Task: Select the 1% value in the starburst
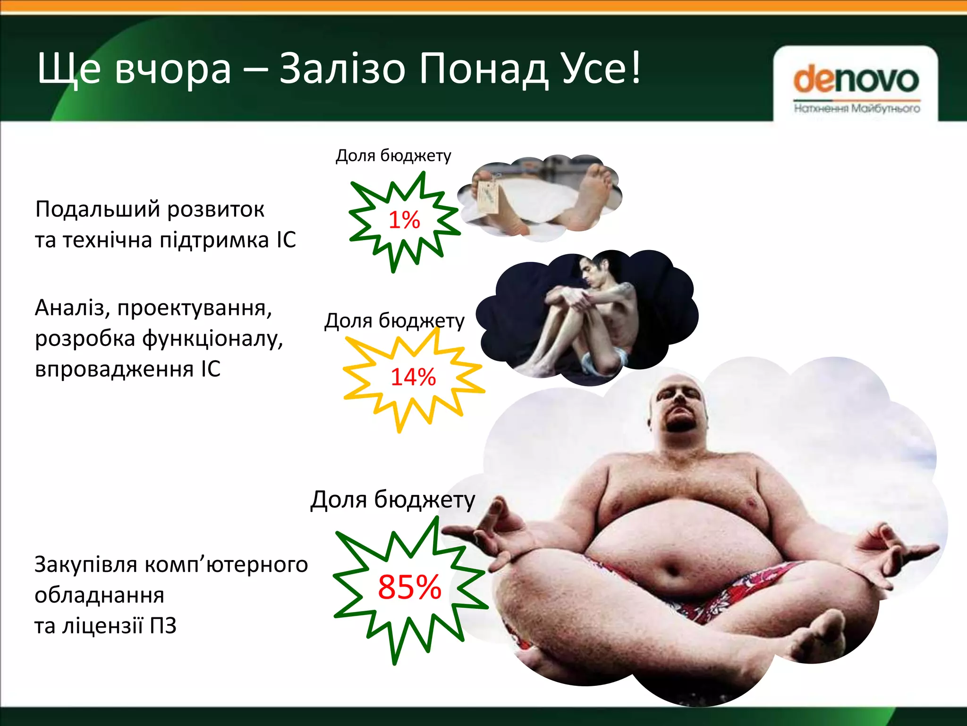[404, 220]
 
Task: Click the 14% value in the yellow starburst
[413, 377]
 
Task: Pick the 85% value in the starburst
[409, 588]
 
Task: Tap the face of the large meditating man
[679, 406]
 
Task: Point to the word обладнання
[99, 596]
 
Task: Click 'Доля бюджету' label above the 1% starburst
[393, 156]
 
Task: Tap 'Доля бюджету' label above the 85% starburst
[392, 500]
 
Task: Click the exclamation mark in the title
[636, 69]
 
